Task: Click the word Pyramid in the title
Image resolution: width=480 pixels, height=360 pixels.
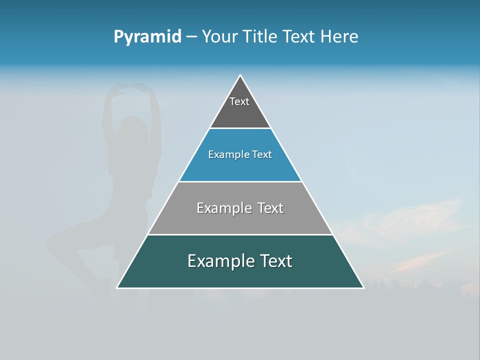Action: coord(147,37)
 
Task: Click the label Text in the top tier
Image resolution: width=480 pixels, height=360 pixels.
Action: coord(239,101)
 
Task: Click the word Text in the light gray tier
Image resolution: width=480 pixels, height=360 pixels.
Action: coord(270,208)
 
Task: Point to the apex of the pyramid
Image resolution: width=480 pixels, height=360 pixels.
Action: coord(240,75)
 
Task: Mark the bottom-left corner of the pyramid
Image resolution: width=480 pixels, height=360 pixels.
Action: coord(117,287)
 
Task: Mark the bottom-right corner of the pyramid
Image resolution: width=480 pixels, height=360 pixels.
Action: coord(363,287)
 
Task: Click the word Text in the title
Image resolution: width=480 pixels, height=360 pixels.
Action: coord(299,37)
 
